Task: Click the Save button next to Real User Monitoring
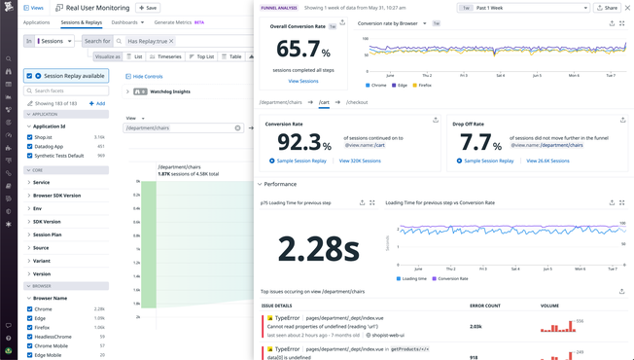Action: point(149,8)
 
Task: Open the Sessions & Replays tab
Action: point(81,22)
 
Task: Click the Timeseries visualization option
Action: point(166,56)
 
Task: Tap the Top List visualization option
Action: point(201,56)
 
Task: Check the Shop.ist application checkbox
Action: point(30,137)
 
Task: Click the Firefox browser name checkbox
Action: point(30,328)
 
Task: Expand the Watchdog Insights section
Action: point(127,91)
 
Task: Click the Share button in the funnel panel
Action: point(608,8)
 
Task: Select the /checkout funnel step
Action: point(357,102)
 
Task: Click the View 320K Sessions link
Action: point(360,161)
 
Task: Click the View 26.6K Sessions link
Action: point(547,161)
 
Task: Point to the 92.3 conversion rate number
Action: point(299,142)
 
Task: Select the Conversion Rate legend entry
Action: point(452,278)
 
